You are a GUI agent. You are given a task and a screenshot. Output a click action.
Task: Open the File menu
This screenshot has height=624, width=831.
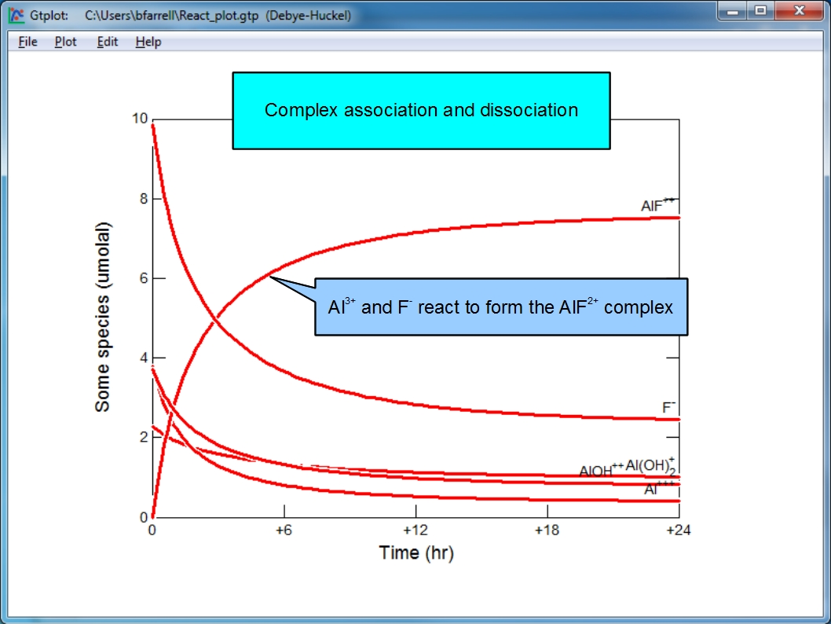pyautogui.click(x=27, y=42)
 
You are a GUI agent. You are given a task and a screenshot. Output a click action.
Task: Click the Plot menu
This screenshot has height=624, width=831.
pyautogui.click(x=66, y=42)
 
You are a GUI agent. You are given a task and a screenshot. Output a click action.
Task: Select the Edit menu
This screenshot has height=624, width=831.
pyautogui.click(x=108, y=42)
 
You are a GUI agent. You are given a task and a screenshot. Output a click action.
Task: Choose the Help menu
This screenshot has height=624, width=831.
pyautogui.click(x=148, y=42)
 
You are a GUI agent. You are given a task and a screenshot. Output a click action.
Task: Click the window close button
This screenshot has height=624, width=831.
pyautogui.click(x=800, y=10)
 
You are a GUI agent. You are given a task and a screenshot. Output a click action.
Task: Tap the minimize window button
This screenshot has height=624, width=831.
pyautogui.click(x=733, y=10)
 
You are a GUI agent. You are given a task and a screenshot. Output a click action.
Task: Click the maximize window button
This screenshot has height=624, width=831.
pyautogui.click(x=760, y=10)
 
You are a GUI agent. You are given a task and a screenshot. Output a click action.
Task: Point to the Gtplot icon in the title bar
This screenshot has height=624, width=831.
pyautogui.click(x=16, y=15)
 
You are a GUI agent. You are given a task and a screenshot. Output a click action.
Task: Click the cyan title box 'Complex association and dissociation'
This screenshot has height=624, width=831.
pyautogui.click(x=421, y=110)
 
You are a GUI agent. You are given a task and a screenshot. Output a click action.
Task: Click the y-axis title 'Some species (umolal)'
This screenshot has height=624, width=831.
pyautogui.click(x=102, y=317)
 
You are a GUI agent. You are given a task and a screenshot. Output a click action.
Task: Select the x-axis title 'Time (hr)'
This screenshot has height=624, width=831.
pyautogui.click(x=416, y=552)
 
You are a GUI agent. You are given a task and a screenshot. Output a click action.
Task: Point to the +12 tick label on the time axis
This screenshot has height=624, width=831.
pyautogui.click(x=415, y=530)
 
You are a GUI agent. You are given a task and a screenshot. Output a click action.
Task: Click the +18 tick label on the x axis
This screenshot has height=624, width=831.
pyautogui.click(x=547, y=530)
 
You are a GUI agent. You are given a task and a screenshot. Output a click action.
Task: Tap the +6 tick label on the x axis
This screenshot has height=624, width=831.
pyautogui.click(x=284, y=530)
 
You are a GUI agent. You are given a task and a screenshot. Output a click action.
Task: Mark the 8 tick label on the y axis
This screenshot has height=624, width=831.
pyautogui.click(x=144, y=199)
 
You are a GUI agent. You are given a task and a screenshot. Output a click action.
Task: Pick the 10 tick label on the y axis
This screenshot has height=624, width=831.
pyautogui.click(x=140, y=118)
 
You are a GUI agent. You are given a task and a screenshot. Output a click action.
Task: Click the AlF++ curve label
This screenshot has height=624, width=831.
pyautogui.click(x=657, y=204)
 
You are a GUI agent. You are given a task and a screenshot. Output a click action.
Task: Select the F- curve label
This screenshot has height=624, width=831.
pyautogui.click(x=669, y=406)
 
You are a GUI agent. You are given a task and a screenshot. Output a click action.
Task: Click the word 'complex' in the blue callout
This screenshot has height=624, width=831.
pyautogui.click(x=638, y=307)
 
